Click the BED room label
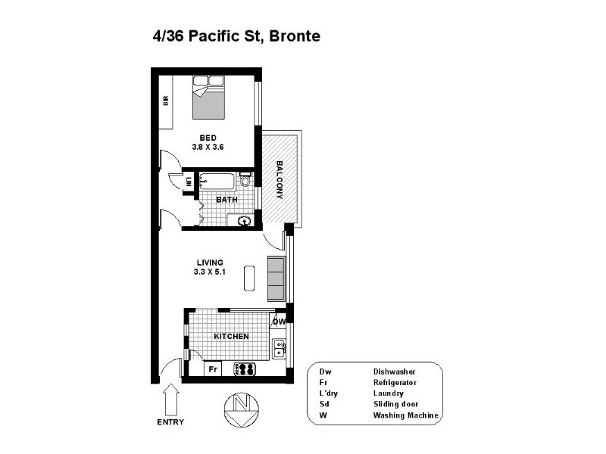[x=208, y=138]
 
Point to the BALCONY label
[x=280, y=179]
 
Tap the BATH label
[x=227, y=201]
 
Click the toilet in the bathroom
[x=245, y=182]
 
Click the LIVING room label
[x=208, y=263]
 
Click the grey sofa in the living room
[x=276, y=278]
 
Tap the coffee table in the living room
[x=249, y=278]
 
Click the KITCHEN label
[x=231, y=336]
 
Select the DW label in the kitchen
[x=279, y=322]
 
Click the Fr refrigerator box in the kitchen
[x=214, y=370]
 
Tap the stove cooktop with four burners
[x=247, y=370]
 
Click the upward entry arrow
[x=170, y=399]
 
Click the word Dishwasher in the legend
[x=395, y=372]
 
